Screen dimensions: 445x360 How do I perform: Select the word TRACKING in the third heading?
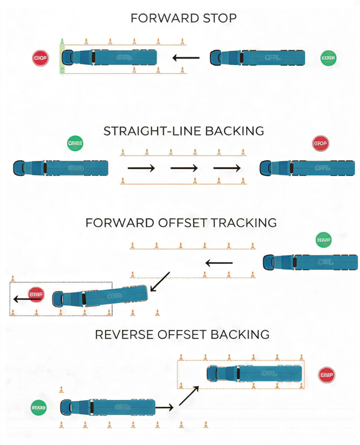pyautogui.click(x=244, y=222)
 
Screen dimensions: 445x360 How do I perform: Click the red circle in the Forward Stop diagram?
pyautogui.click(x=40, y=58)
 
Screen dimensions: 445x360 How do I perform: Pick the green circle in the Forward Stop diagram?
pyautogui.click(x=329, y=58)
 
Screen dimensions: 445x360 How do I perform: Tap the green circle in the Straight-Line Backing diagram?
pyautogui.click(x=75, y=143)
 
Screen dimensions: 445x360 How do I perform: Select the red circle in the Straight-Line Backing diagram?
pyautogui.click(x=321, y=143)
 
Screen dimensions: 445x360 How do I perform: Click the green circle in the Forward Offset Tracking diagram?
pyautogui.click(x=324, y=240)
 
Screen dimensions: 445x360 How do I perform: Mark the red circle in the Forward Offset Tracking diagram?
pyautogui.click(x=36, y=294)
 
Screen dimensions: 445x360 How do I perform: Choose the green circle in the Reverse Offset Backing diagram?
pyautogui.click(x=39, y=408)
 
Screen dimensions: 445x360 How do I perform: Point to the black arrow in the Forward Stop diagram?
pyautogui.click(x=186, y=57)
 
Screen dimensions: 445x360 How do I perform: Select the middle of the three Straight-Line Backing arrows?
pyautogui.click(x=184, y=168)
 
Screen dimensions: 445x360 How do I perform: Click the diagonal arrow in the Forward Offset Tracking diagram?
pyautogui.click(x=160, y=282)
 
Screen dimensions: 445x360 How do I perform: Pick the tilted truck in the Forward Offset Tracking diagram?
pyautogui.click(x=100, y=296)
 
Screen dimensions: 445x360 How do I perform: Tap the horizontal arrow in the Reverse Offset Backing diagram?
pyautogui.click(x=164, y=408)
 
